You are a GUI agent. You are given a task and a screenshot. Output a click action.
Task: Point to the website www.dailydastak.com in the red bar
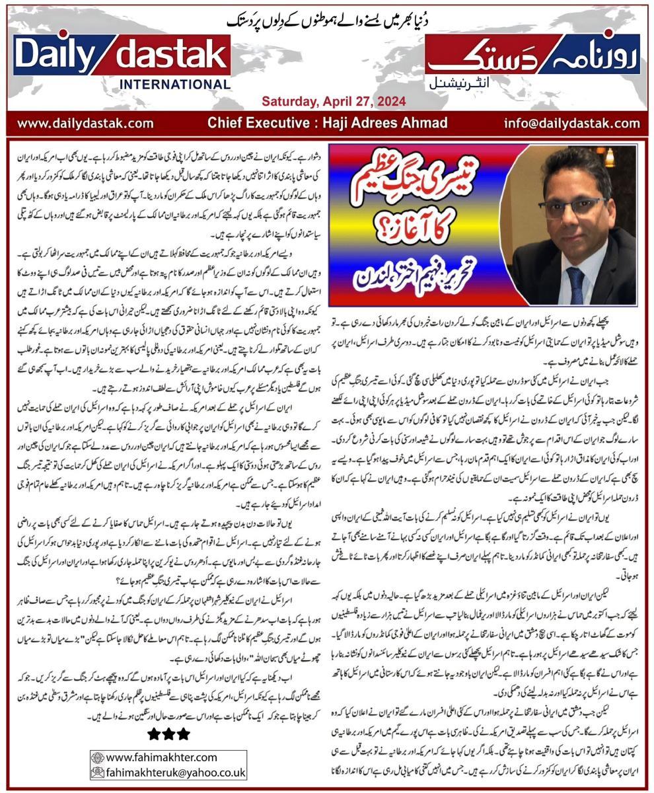point(85,123)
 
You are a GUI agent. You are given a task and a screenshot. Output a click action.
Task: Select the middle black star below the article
point(168,734)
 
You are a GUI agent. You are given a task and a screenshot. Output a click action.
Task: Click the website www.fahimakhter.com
point(161,757)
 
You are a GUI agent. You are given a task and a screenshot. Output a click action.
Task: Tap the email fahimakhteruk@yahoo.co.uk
point(176,772)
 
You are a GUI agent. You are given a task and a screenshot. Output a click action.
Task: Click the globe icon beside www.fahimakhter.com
point(97,757)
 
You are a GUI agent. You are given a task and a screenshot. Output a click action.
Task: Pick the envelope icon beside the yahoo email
point(97,772)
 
